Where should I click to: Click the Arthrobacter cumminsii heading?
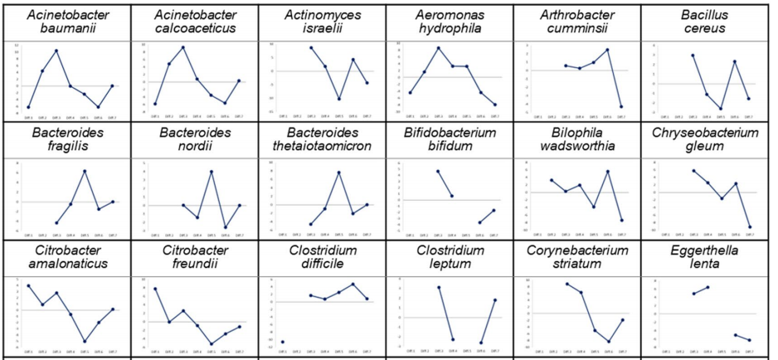576,22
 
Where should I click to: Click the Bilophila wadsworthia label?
576,139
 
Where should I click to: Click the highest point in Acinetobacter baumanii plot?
56,51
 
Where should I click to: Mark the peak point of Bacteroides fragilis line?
85,171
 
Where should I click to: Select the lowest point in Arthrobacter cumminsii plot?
621,107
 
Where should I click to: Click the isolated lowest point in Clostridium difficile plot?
283,342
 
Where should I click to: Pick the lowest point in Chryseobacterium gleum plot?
750,226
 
